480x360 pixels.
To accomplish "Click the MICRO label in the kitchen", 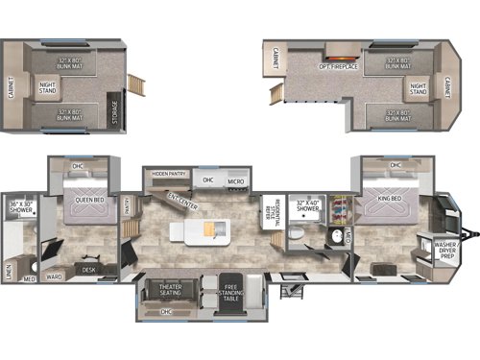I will (235, 180).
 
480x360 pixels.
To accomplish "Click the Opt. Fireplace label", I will (338, 67).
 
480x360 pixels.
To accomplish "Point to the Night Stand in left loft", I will (48, 86).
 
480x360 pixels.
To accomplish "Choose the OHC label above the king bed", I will (396, 164).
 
